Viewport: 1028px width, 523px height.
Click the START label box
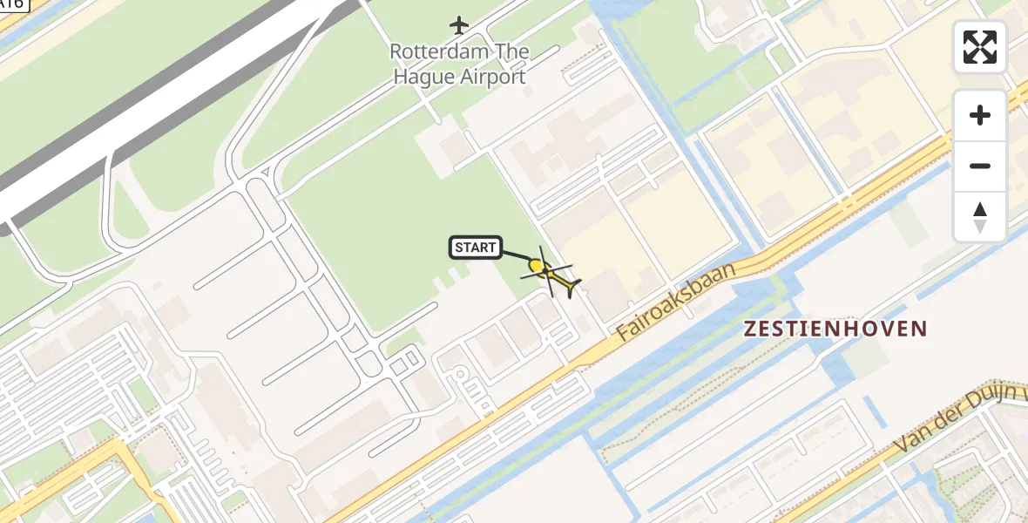pos(475,248)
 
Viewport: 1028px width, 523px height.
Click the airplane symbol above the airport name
pos(459,24)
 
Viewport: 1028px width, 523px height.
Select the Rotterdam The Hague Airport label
pos(459,64)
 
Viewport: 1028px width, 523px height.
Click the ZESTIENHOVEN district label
pos(835,329)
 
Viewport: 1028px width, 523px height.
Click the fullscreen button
pos(980,47)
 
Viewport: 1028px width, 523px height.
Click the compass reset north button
pos(980,217)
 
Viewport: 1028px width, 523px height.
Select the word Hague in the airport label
pos(425,77)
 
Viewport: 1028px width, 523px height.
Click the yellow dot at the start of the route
pos(536,264)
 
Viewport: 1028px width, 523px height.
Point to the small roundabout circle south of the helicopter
pos(460,374)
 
